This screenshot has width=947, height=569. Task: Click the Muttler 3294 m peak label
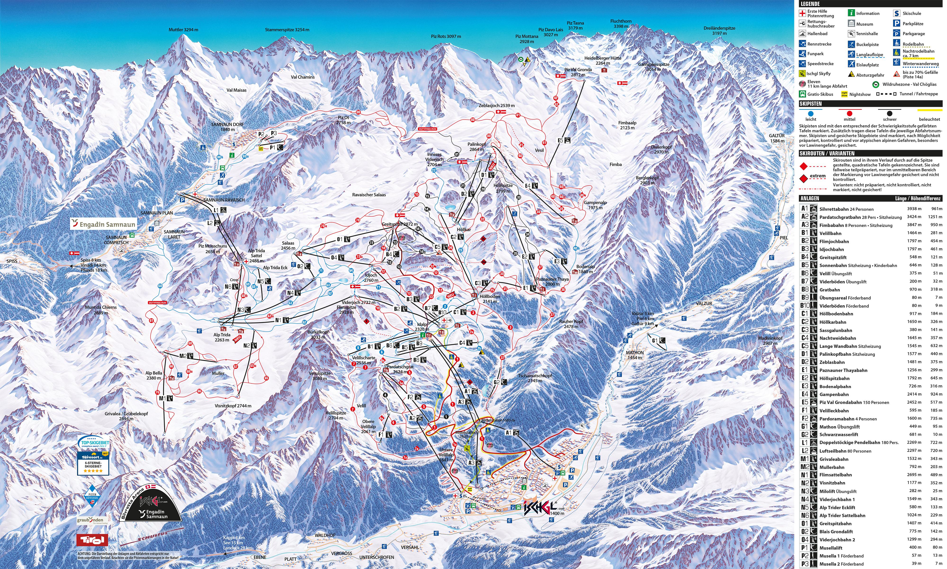[x=183, y=30]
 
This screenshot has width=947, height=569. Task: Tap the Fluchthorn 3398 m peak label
[x=621, y=24]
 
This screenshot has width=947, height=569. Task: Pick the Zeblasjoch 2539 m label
[x=496, y=105]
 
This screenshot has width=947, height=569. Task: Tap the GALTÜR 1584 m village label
[x=777, y=138]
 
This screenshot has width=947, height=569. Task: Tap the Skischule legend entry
[x=911, y=13]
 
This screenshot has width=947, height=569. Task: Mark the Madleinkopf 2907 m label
[x=770, y=341]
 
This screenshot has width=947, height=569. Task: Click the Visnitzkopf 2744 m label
[x=233, y=406]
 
